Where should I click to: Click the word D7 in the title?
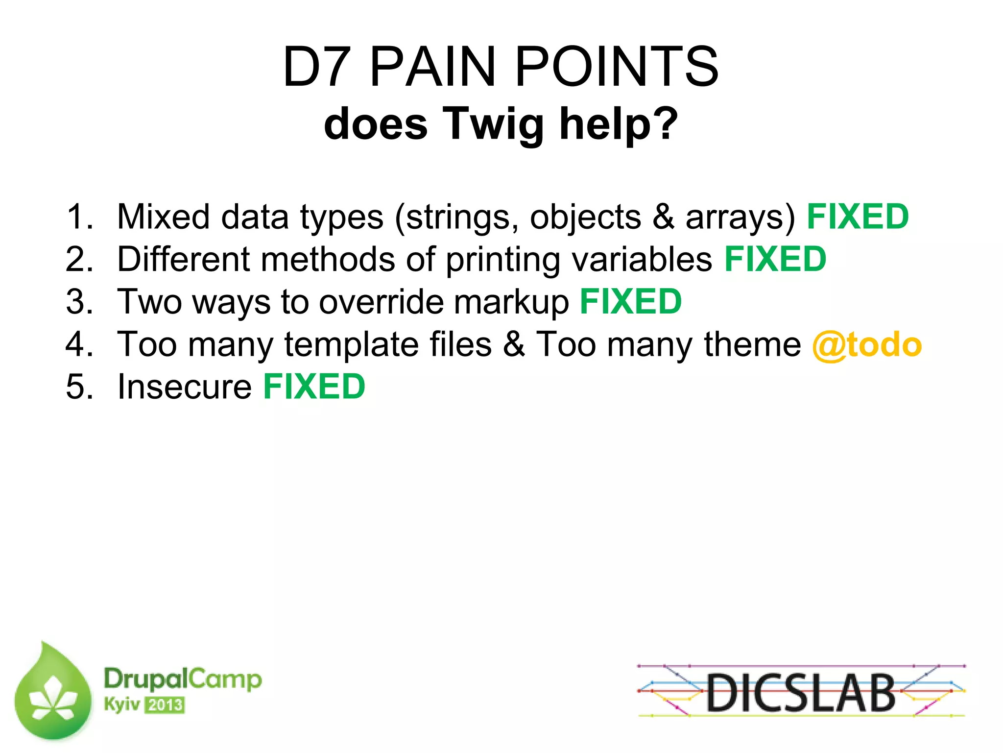317,67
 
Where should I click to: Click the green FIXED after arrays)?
858,217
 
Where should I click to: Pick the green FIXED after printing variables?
775,259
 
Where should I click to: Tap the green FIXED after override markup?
631,302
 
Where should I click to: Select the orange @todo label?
866,345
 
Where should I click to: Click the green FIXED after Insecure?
314,387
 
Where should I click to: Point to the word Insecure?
185,387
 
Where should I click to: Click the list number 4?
78,344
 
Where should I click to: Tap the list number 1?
78,217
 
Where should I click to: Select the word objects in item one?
585,218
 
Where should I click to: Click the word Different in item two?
183,259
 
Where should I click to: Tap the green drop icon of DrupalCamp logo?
53,693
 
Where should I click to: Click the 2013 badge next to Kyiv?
166,705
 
